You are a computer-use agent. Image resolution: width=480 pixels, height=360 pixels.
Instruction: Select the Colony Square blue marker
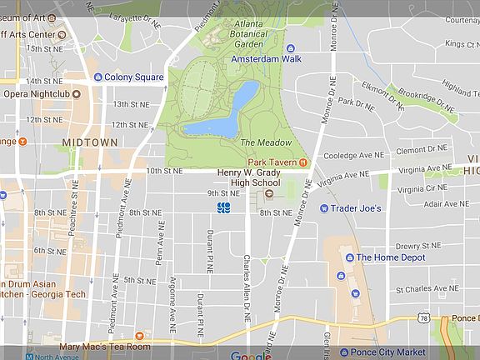97,77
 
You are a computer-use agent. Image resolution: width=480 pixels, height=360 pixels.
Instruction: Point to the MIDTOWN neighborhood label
89,142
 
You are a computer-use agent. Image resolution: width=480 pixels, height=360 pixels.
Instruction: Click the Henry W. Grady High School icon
269,194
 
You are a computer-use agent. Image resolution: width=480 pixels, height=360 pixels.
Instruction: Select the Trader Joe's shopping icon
323,208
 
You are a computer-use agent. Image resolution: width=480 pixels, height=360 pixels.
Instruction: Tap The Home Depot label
391,257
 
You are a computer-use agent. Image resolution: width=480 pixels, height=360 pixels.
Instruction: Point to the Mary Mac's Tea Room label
105,346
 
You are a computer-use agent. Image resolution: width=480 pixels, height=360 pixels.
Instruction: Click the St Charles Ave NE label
427,289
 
